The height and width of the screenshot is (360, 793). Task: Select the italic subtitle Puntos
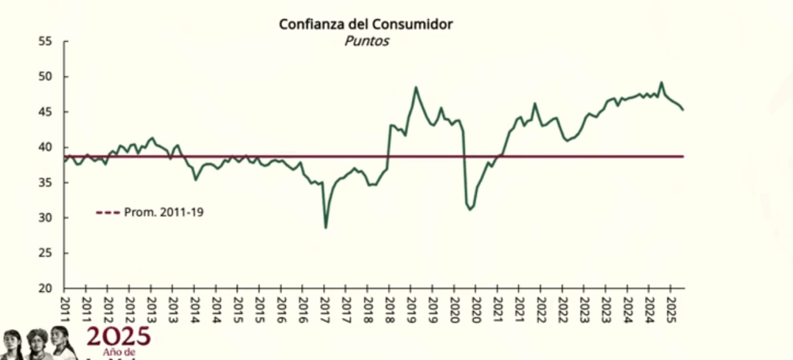tap(366, 41)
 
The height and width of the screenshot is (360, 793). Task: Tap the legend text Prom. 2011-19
tap(164, 211)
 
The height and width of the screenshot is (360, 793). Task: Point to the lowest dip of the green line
tap(325, 227)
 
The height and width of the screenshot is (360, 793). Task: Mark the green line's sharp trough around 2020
tap(470, 210)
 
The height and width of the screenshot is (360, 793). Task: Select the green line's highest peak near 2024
tap(661, 82)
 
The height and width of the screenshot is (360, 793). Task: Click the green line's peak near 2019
tap(416, 87)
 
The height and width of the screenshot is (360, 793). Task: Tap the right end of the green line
tap(683, 110)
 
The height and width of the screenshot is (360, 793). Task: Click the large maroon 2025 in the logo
tap(118, 338)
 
